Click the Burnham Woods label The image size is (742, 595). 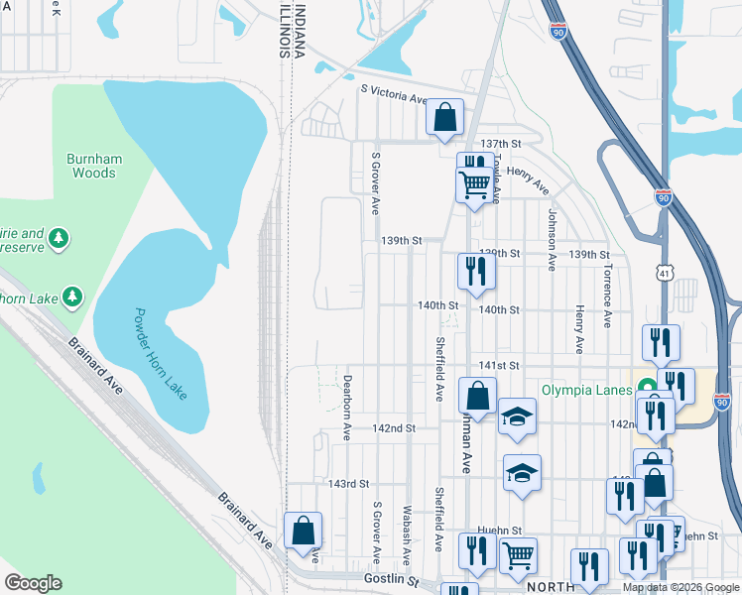91,166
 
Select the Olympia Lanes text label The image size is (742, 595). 586,390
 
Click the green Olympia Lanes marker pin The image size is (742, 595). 648,389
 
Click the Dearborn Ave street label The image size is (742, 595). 347,407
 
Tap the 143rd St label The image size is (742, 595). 349,484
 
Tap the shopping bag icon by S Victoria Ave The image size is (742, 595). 445,117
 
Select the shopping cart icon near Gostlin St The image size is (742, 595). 518,556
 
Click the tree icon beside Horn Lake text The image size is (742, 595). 71,296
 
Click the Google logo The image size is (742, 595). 33,583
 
